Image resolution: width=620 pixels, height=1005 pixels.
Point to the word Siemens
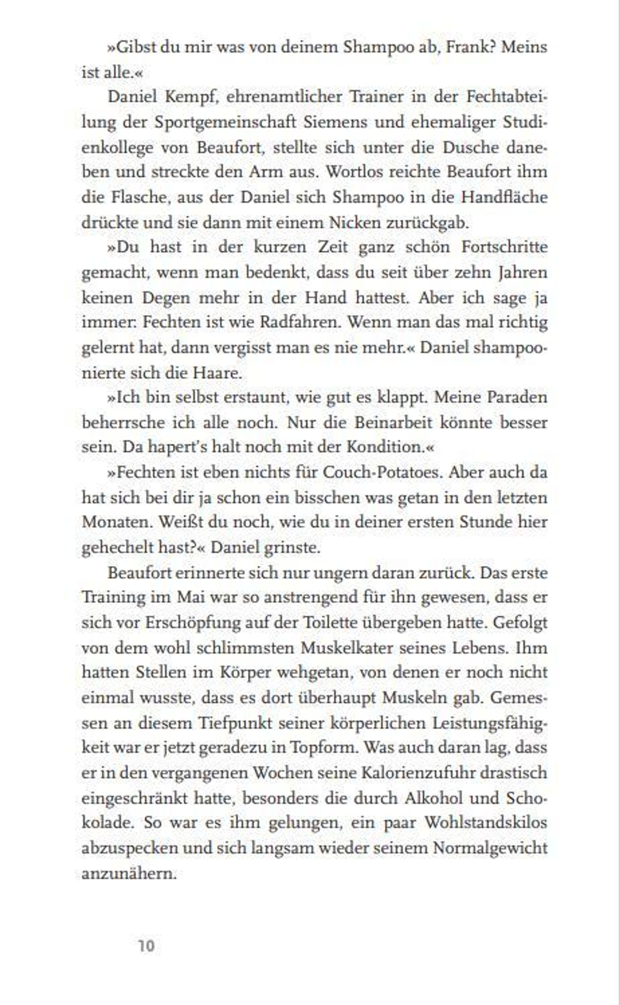335,122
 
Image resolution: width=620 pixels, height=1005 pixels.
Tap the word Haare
217,372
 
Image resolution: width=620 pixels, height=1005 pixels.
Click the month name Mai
190,597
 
